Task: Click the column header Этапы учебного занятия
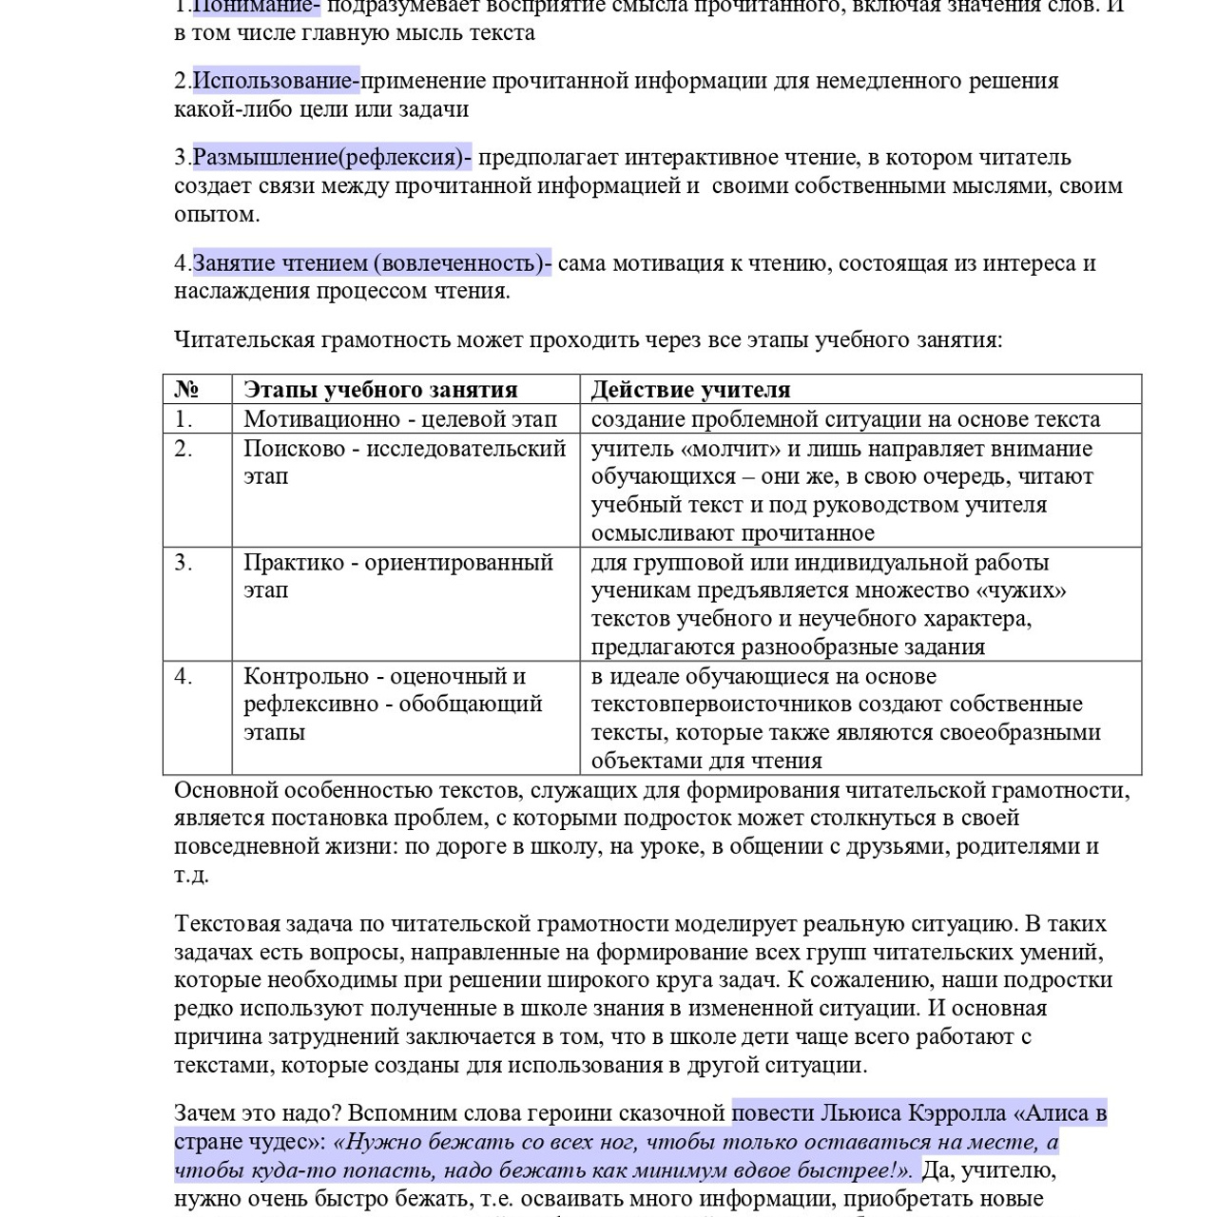380,390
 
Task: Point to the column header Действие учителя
690,390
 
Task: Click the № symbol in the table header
186,390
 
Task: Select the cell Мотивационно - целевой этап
399,419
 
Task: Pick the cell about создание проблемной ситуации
844,419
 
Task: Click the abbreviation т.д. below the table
191,875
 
